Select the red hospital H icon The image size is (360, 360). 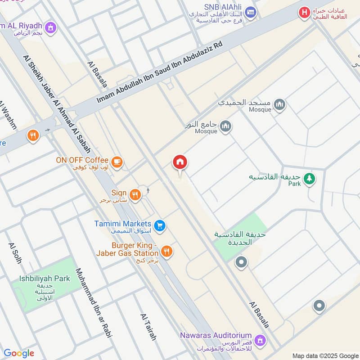coord(305,13)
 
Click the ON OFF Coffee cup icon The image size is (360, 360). coord(117,162)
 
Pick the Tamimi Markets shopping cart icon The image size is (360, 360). coord(159,225)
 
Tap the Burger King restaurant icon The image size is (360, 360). coord(166,252)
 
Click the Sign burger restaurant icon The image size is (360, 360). coord(135,194)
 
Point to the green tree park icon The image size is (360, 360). coord(309,179)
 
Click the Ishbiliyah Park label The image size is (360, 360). coord(45,279)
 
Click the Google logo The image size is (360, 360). coord(19,353)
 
